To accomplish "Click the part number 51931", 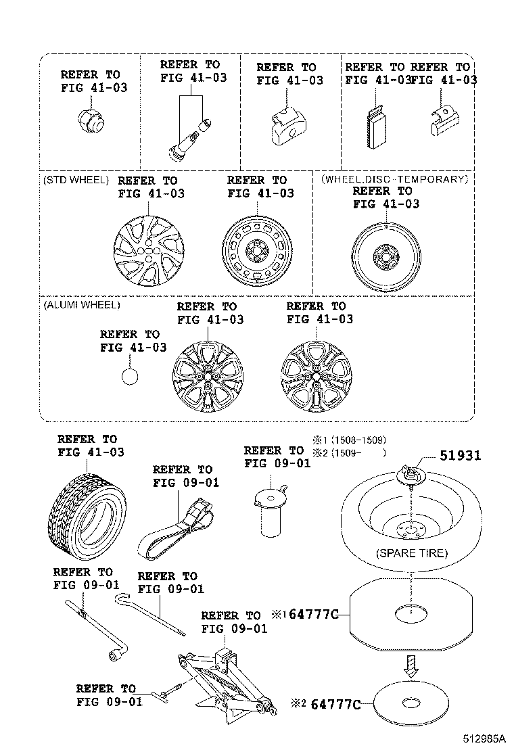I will coord(460,456).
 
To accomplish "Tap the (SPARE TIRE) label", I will coord(411,553).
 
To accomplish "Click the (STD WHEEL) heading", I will coord(76,180).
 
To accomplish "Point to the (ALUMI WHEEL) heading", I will coord(82,305).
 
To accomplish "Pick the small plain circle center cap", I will coord(130,375).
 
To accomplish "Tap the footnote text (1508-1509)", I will coord(358,440).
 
